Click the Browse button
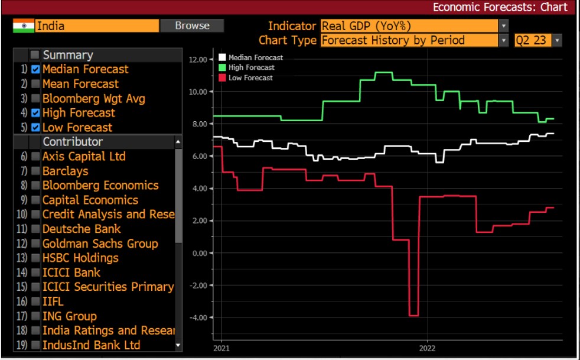[192, 25]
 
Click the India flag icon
[24, 26]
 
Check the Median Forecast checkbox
[35, 69]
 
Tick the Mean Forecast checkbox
[35, 84]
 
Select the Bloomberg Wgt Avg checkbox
[35, 99]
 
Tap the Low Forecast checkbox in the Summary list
[35, 127]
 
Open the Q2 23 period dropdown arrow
[558, 41]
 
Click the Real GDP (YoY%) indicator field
[409, 26]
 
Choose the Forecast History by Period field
[409, 41]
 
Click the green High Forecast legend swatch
[222, 67]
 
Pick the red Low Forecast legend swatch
[222, 77]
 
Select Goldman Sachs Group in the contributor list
[100, 244]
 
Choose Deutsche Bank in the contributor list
[82, 229]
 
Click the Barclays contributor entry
[65, 171]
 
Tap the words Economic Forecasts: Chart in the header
[500, 7]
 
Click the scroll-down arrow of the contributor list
[178, 345]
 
